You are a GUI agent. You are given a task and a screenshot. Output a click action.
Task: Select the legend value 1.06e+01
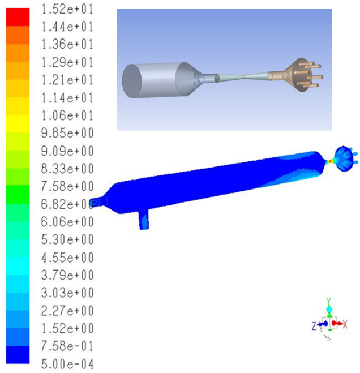[x=67, y=115]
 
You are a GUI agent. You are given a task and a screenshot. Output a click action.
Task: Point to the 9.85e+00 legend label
[x=67, y=133]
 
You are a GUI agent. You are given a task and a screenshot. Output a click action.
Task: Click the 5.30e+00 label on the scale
[x=67, y=239]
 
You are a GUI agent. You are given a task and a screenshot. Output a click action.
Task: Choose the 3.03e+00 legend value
[x=67, y=293]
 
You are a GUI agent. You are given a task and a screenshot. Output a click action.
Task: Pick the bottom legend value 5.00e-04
[x=67, y=363]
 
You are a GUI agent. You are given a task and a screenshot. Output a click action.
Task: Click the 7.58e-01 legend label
[x=67, y=346]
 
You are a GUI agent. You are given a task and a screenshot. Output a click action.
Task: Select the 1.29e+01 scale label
[x=67, y=62]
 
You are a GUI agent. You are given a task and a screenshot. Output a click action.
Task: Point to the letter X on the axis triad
[x=344, y=325]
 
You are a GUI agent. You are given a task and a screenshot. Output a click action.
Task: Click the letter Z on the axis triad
[x=312, y=326]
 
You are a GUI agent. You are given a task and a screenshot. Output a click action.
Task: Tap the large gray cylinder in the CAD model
[x=150, y=80]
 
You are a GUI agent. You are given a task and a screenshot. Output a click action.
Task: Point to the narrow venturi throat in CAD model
[x=245, y=76]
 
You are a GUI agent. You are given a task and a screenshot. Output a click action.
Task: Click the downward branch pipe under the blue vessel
[x=143, y=218]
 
